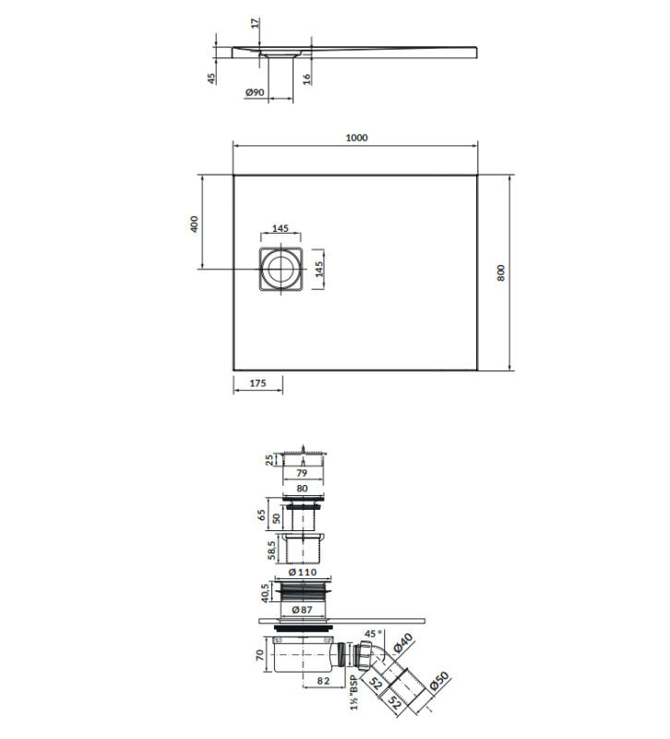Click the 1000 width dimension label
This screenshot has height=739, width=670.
click(x=356, y=138)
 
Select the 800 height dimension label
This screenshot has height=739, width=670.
click(x=500, y=273)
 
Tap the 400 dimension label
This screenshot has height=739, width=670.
click(x=194, y=224)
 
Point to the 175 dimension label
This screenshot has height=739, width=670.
click(x=257, y=383)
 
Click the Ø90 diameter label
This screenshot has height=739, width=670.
click(x=255, y=92)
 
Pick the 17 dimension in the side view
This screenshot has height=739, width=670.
click(x=255, y=22)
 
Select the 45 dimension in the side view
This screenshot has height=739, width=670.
click(x=212, y=79)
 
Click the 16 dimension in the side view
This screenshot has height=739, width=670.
click(x=307, y=79)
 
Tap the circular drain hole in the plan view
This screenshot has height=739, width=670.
click(x=281, y=269)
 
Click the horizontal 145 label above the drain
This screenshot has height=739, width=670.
click(x=281, y=228)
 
